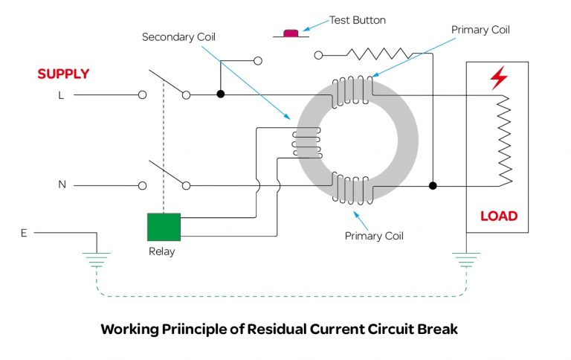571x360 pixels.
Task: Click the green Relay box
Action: click(164, 227)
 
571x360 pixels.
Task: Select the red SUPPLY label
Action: click(63, 74)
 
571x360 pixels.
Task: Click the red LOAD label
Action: click(498, 216)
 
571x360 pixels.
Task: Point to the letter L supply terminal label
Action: click(61, 96)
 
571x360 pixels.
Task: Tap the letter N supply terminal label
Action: click(62, 184)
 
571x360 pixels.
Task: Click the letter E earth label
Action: click(25, 233)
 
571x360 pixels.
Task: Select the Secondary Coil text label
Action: click(173, 37)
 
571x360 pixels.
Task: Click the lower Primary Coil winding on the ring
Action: click(351, 187)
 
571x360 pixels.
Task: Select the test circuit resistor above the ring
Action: click(379, 54)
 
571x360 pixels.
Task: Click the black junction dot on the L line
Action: click(220, 94)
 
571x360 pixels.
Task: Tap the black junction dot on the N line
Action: click(433, 185)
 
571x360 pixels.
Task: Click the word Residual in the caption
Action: click(277, 328)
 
